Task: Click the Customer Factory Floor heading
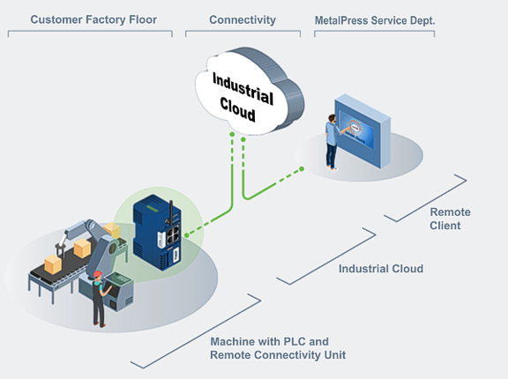coord(93,19)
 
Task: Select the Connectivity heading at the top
coord(243,20)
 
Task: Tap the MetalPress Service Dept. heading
coord(375,21)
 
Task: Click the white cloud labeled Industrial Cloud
coord(250,92)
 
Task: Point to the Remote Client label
coord(450,219)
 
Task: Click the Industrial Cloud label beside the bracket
coord(381,269)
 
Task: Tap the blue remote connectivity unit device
coord(157,232)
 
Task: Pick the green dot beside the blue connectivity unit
coord(187,235)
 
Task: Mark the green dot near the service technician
coord(302,169)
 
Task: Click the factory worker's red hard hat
coord(98,274)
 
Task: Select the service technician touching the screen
coord(333,142)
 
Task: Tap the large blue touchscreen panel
coord(362,131)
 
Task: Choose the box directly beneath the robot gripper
coord(53,264)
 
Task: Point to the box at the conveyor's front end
coord(53,264)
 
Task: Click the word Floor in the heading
coord(143,19)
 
